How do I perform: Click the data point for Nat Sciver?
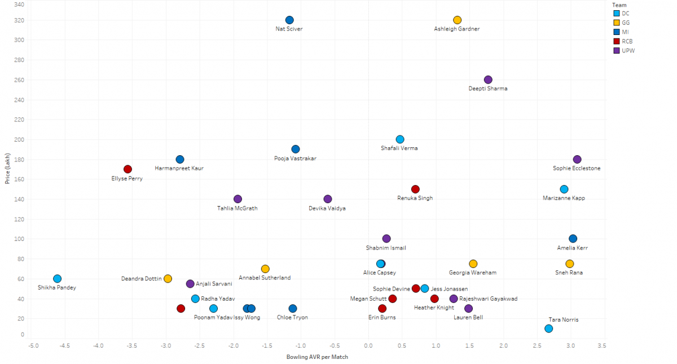click(289, 20)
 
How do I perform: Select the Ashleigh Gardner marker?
click(457, 20)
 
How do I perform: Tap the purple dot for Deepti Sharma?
click(488, 80)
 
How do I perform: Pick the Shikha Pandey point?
click(57, 279)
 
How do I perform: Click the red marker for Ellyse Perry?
click(128, 169)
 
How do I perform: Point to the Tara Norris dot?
click(548, 328)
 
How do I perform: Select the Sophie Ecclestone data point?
click(577, 159)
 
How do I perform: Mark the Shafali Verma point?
click(400, 139)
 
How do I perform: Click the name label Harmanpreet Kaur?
click(179, 168)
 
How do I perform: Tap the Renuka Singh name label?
click(415, 198)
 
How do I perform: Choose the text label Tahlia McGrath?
click(237, 208)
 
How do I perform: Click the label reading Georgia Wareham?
click(473, 273)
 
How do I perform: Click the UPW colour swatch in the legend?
click(617, 50)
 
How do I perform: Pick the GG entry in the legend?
click(625, 22)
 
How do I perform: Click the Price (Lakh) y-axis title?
click(7, 169)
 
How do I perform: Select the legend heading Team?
click(619, 5)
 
